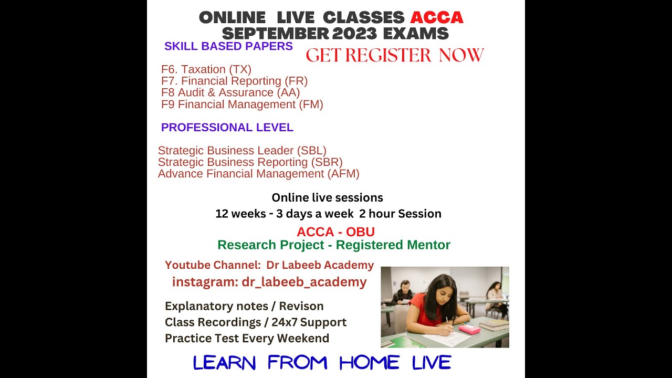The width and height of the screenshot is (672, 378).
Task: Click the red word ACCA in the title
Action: coord(436,17)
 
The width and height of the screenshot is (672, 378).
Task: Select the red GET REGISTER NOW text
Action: coord(394,55)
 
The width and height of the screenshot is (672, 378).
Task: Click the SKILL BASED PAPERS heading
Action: coord(228,46)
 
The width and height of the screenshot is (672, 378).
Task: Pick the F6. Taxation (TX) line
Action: coord(206,69)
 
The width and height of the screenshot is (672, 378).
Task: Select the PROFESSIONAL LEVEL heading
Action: coord(227,128)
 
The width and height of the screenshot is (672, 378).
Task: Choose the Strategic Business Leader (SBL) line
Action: coord(242,151)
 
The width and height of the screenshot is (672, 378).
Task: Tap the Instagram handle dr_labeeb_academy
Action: coord(304,282)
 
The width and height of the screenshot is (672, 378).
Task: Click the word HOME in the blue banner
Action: coord(369,362)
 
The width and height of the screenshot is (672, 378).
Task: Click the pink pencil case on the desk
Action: coord(469,329)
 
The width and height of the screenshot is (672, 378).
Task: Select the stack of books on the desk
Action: coord(493,324)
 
